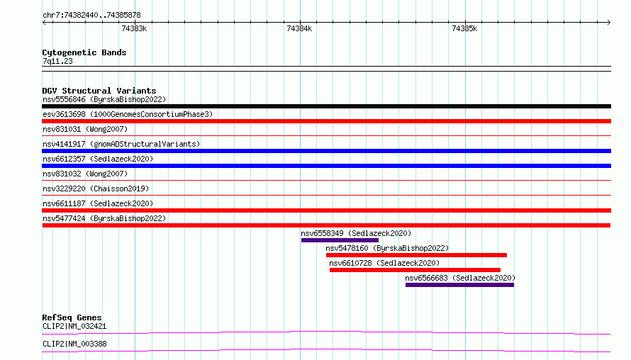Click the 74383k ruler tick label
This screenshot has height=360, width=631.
[x=134, y=28]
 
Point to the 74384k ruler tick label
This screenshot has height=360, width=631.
[x=299, y=28]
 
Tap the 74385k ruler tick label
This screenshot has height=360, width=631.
[x=464, y=28]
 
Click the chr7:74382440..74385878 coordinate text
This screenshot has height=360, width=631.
[x=91, y=16]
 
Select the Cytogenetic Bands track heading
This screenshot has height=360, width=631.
[x=84, y=52]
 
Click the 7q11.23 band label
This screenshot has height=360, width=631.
[x=57, y=61]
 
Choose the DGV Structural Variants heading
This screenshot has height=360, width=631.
[x=99, y=91]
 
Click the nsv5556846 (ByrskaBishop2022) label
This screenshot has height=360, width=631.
[x=104, y=99]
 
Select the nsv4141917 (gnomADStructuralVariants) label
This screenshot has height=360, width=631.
[x=121, y=144]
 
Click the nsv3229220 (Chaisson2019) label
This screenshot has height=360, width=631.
[x=96, y=189]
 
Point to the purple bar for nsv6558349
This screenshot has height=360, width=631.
[x=340, y=240]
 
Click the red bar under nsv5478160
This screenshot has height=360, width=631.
[x=416, y=255]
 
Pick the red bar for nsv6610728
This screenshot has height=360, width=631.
[x=415, y=270]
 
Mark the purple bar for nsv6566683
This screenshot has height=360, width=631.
[x=459, y=285]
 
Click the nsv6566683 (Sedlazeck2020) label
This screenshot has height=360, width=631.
[x=460, y=278]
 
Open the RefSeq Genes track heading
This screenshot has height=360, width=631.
[x=72, y=317]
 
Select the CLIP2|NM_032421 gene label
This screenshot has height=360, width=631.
[x=74, y=326]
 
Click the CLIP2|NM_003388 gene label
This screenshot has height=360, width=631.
[x=74, y=344]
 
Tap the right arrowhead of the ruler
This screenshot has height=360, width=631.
[x=609, y=23]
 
